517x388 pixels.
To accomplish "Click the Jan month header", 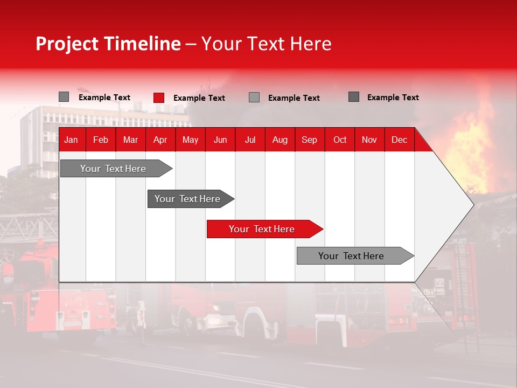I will pos(71,140).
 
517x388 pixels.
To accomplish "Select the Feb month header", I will pos(101,140).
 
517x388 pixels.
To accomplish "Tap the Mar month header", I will pos(130,140).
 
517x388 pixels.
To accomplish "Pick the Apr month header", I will pos(160,140).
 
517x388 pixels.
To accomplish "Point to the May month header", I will pos(190,140).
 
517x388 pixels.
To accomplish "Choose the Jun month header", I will pos(220,140).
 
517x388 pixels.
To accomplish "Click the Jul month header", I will pos(250,140).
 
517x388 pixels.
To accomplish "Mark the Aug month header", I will pos(280,140).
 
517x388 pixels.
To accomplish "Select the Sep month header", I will pos(310,140).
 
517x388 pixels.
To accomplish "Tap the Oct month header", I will pos(340,140).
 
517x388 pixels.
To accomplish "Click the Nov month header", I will pos(369,140).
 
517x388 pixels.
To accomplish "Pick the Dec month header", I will pos(400,140).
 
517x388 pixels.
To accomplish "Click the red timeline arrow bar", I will pos(264,229).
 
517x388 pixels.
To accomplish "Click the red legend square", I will pos(159,98).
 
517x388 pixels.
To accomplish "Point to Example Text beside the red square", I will pos(199,98).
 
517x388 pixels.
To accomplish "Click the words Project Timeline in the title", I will pos(108,44).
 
